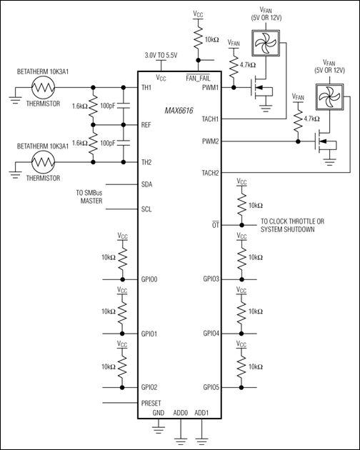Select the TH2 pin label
tap(147, 162)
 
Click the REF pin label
tap(147, 124)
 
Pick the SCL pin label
tap(148, 209)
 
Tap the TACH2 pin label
tap(211, 173)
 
